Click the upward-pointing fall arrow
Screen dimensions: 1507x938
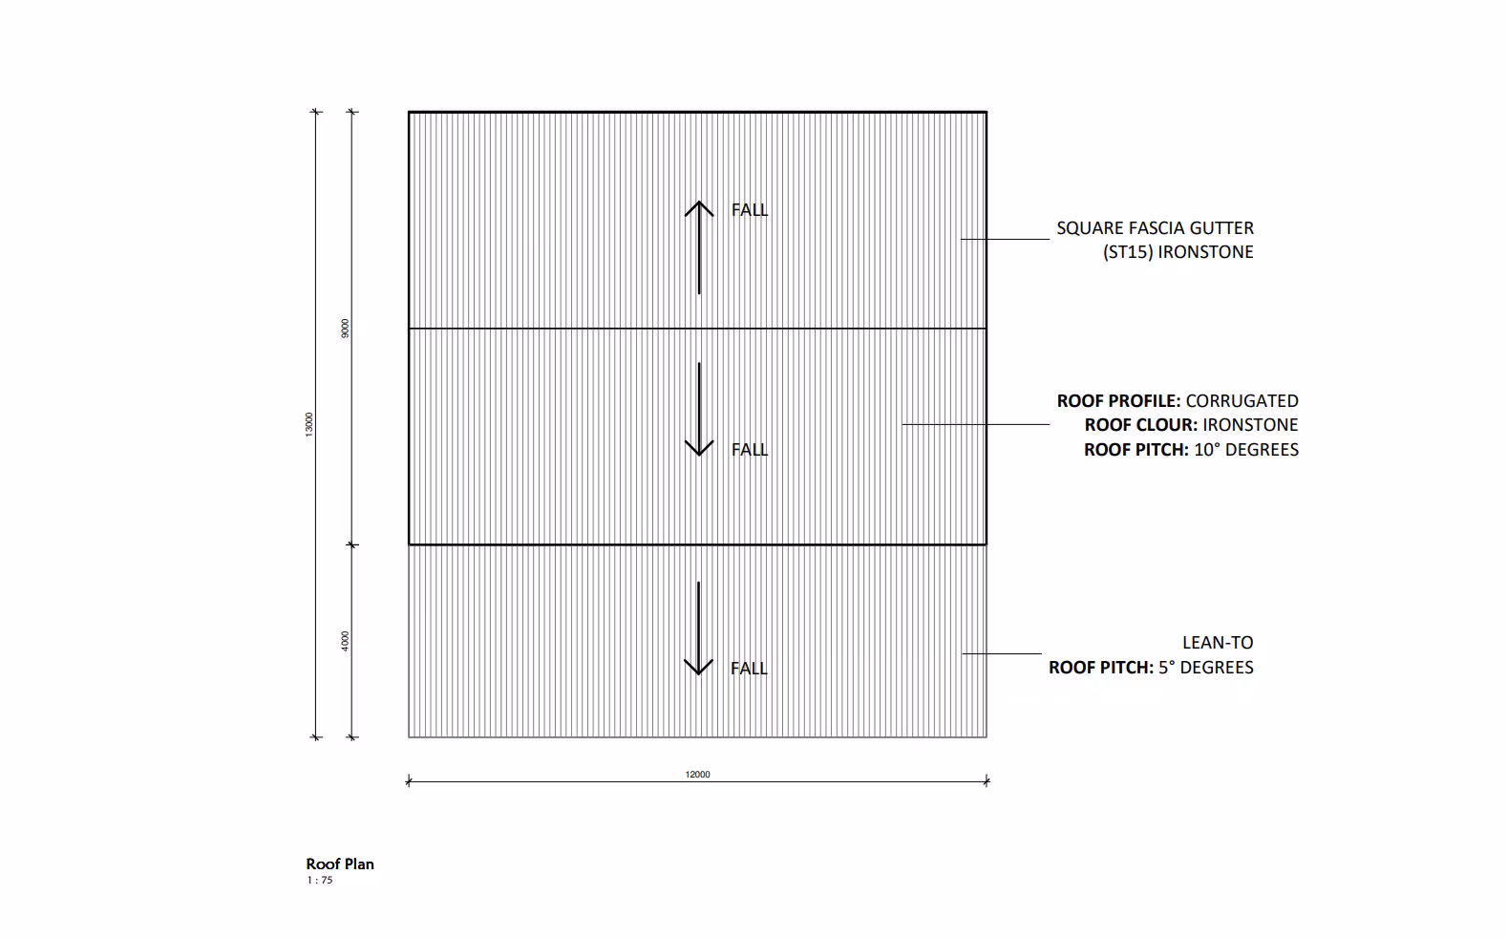point(699,246)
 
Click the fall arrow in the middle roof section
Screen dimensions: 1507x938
point(699,409)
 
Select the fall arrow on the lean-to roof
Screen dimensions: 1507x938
point(699,628)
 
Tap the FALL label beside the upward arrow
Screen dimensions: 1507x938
point(749,210)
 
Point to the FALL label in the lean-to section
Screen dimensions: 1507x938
point(749,669)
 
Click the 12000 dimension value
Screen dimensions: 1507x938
point(697,775)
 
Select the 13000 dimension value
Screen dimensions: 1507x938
point(308,425)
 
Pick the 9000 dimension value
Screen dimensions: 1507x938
point(345,328)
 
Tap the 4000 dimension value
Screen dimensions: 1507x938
point(345,641)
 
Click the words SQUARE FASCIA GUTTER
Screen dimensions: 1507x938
point(1155,228)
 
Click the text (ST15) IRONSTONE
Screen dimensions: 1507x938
point(1178,252)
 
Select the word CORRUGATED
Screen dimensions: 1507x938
point(1242,401)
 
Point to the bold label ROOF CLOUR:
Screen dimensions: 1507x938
point(1140,425)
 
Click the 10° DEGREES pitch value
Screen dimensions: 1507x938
point(1245,450)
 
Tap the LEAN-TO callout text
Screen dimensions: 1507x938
point(1218,643)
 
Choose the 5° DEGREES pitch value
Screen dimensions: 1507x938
point(1205,668)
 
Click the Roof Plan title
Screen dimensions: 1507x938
point(340,864)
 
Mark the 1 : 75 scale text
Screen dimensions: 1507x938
point(320,881)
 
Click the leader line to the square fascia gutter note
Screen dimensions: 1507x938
point(1005,239)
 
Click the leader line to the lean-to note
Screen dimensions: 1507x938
point(1001,653)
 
